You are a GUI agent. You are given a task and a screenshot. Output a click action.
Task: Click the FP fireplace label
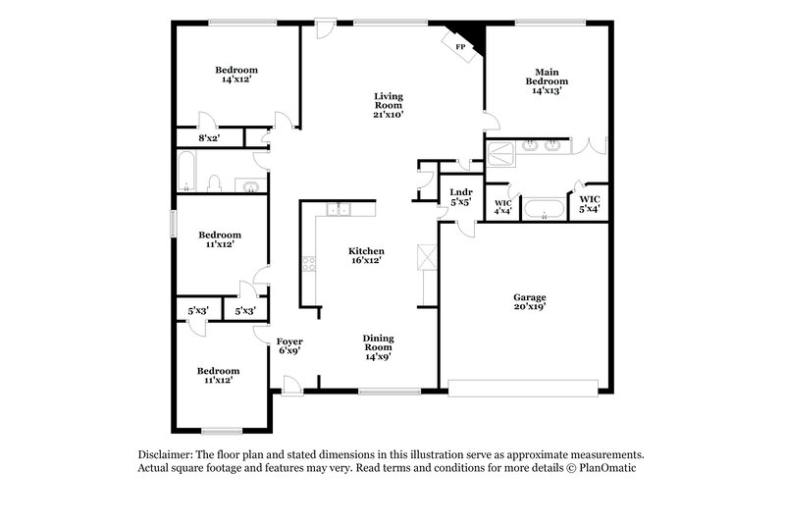click(460, 46)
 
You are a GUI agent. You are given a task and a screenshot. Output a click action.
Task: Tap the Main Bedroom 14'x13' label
click(547, 80)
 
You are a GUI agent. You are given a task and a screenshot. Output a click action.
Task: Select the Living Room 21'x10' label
click(389, 105)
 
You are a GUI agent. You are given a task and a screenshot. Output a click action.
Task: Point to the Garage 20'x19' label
click(530, 301)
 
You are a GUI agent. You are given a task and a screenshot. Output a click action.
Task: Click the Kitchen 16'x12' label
click(367, 256)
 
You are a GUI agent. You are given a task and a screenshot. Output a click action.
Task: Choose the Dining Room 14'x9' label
click(378, 346)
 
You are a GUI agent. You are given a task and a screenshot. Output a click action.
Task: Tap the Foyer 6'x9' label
click(288, 345)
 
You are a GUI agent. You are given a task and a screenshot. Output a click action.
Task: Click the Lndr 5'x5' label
click(460, 196)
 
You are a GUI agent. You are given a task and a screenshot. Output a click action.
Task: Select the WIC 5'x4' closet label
click(589, 204)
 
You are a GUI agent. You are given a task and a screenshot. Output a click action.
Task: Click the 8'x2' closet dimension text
click(209, 138)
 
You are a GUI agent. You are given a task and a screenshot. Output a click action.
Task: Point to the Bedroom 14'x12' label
click(236, 76)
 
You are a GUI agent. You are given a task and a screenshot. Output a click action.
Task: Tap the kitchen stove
click(310, 263)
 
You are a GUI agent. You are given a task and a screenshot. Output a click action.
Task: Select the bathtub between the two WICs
click(544, 208)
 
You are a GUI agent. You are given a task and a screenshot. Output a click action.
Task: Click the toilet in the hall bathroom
click(216, 183)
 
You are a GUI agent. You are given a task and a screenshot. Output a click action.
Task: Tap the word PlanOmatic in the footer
click(617, 468)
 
